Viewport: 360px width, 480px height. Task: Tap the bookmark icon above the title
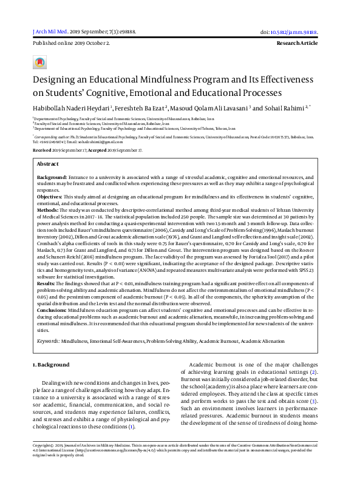(x=39, y=62)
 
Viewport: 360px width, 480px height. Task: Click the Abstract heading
(x=48, y=164)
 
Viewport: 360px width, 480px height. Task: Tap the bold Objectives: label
(x=50, y=197)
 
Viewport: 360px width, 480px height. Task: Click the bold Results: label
(x=47, y=283)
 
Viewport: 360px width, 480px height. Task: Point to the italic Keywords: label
(x=48, y=342)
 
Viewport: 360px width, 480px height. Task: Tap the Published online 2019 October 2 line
(x=71, y=44)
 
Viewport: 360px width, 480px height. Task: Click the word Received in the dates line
(x=42, y=149)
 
